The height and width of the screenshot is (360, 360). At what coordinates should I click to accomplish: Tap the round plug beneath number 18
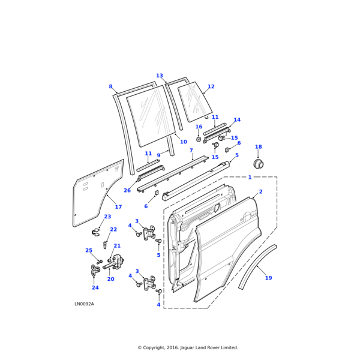260,164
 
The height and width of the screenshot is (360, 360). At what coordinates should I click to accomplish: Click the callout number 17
118,207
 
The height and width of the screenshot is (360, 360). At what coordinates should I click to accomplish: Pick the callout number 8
110,87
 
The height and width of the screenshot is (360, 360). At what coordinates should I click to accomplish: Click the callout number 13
160,76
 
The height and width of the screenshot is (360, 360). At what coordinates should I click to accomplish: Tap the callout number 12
211,87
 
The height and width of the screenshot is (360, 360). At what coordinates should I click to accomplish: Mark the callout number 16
199,127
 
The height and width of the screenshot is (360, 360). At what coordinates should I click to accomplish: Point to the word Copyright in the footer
158,347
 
